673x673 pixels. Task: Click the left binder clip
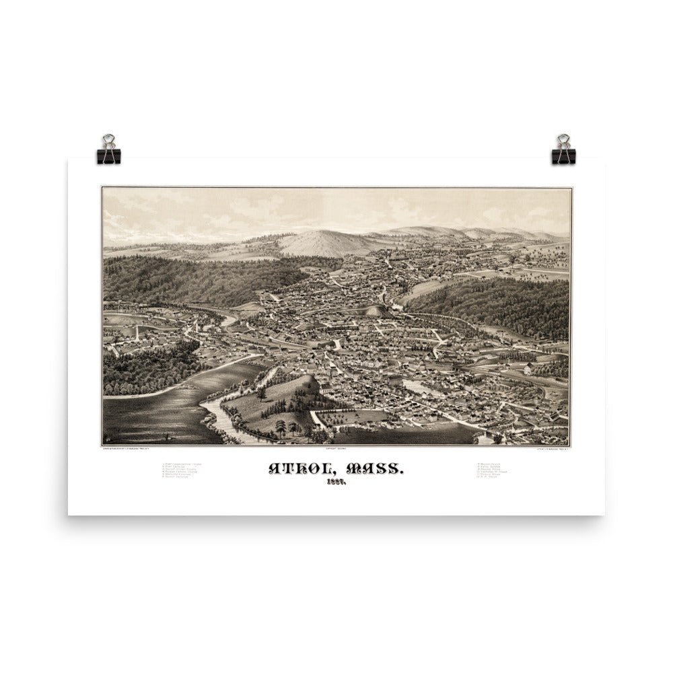[108, 149]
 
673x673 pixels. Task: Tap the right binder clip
[561, 149]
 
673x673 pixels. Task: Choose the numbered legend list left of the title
[182, 474]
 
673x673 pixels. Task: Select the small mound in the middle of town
[374, 310]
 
